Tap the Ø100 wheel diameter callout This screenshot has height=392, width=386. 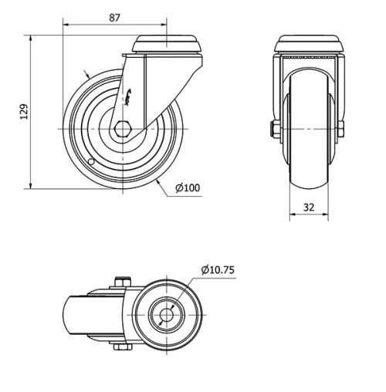(188, 188)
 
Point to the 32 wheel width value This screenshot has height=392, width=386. (309, 207)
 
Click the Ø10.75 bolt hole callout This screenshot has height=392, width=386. (218, 269)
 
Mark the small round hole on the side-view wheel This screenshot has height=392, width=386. (91, 162)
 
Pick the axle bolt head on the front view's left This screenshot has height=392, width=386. (274, 129)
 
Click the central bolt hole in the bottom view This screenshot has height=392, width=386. (168, 315)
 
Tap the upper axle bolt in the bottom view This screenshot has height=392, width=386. (120, 281)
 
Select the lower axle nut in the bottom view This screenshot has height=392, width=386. (120, 348)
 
